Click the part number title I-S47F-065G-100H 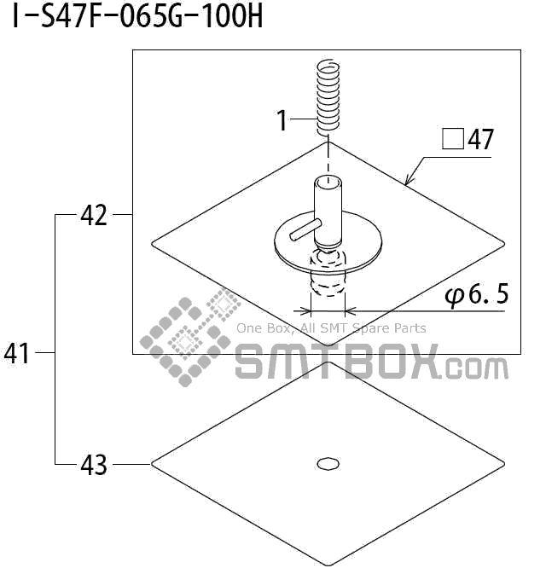pyautogui.click(x=137, y=17)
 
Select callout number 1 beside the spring pyautogui.click(x=282, y=120)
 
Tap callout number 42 pyautogui.click(x=94, y=215)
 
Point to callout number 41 pyautogui.click(x=17, y=353)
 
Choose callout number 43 pyautogui.click(x=94, y=465)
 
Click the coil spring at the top pyautogui.click(x=328, y=97)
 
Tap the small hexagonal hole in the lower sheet pyautogui.click(x=328, y=464)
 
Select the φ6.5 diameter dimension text pyautogui.click(x=477, y=295)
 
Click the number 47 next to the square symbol pyautogui.click(x=481, y=139)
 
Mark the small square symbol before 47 pyautogui.click(x=453, y=140)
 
